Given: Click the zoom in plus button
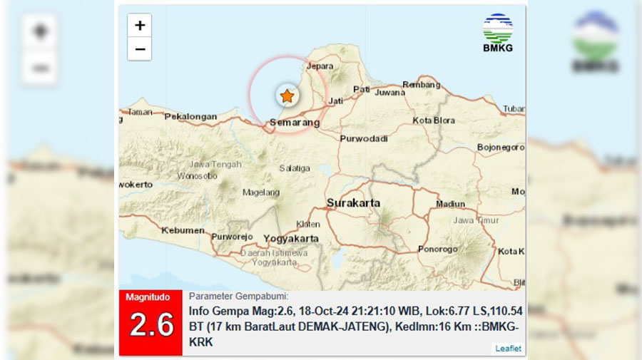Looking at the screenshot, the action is [140, 26].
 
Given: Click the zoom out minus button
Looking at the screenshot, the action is [140, 48].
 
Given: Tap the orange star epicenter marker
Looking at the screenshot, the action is [287, 96].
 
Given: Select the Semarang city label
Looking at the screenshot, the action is [294, 123].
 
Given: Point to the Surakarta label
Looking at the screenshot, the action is [353, 203].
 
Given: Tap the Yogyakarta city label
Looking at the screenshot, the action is [290, 238].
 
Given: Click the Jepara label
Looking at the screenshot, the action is [320, 66].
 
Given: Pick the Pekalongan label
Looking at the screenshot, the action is [190, 116].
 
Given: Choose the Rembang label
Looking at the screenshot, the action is [421, 84].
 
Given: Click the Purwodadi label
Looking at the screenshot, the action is [364, 138].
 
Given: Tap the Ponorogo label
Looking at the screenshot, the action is [438, 250].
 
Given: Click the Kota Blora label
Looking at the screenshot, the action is [434, 120].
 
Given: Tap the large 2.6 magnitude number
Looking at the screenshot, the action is [152, 325].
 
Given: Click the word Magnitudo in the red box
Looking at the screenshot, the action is [150, 297].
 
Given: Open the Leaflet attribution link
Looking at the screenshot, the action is [509, 349].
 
